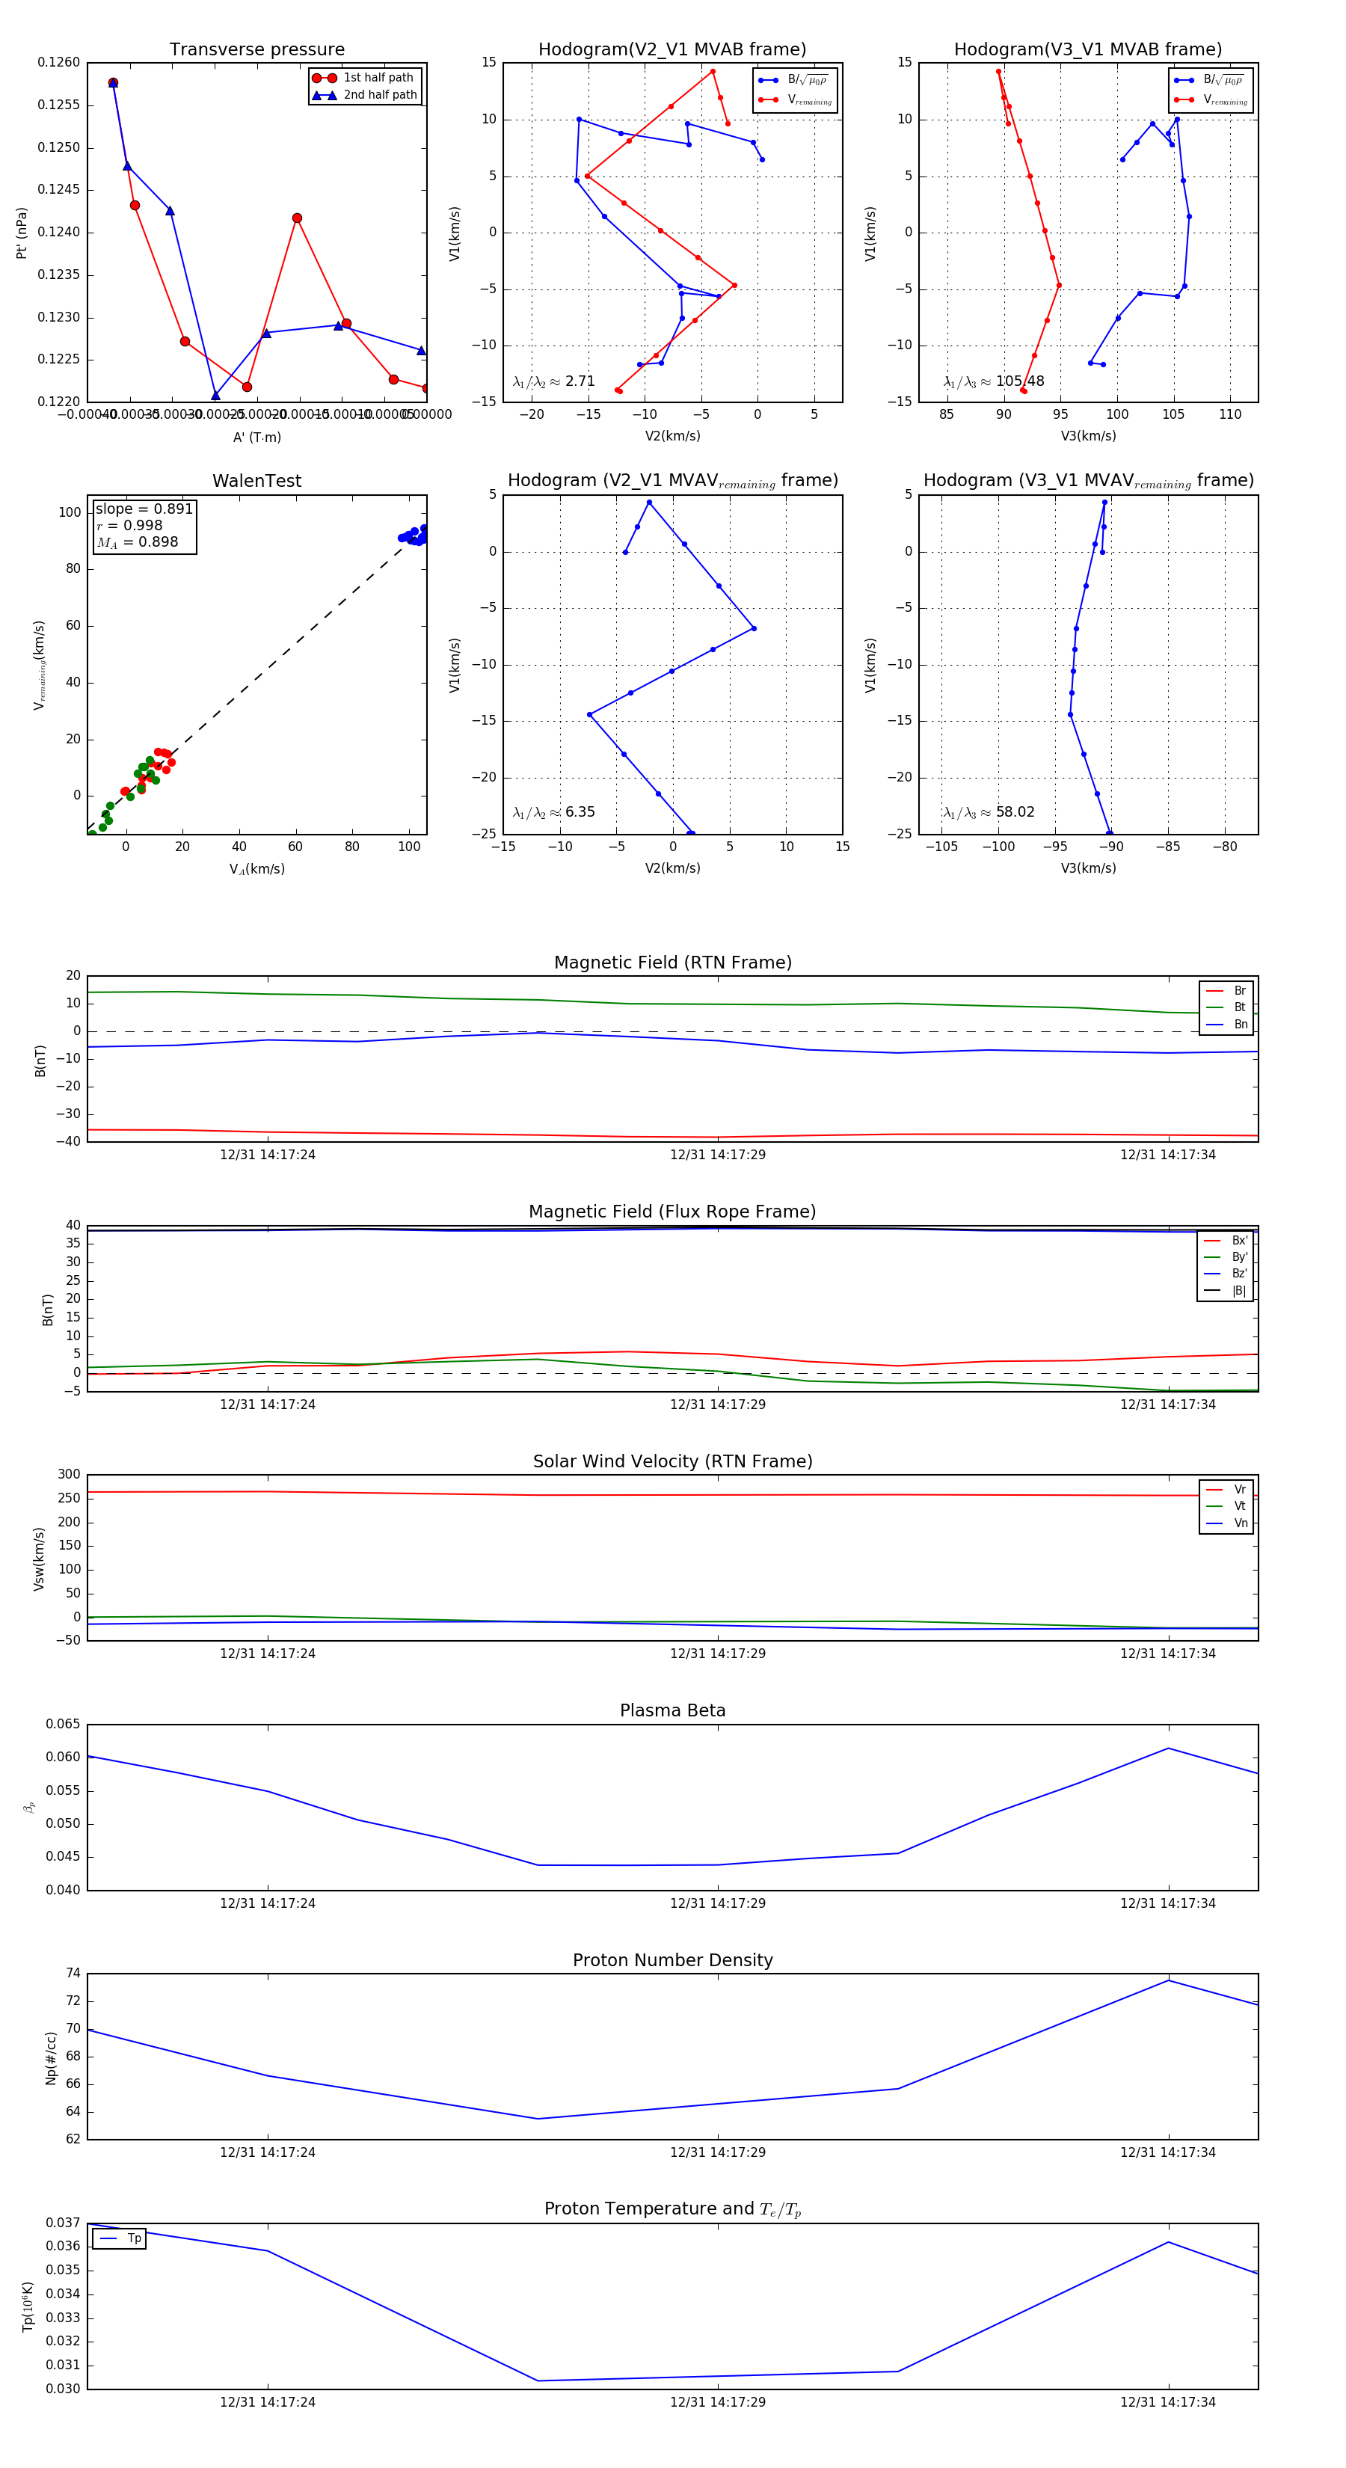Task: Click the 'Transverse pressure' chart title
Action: (256, 50)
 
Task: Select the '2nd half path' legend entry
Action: (379, 95)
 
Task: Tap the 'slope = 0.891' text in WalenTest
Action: (144, 509)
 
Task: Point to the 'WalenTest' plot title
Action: (256, 481)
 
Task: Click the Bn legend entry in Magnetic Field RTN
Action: (1240, 1024)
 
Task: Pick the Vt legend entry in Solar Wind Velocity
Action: (1239, 1506)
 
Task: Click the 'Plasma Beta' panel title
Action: (672, 1710)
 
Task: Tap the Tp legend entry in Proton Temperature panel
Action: (133, 2238)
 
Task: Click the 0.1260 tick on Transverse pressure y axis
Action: (59, 64)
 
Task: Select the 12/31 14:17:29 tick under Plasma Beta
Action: (718, 1903)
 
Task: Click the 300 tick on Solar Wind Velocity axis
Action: (69, 1475)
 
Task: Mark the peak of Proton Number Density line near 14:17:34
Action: (1168, 1980)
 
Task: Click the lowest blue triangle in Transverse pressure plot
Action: (215, 396)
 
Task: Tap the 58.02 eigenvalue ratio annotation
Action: (1015, 812)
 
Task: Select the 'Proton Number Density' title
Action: (672, 1960)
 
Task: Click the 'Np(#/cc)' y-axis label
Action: (52, 2058)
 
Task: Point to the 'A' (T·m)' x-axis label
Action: (256, 438)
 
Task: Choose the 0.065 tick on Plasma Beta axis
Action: (64, 1725)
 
